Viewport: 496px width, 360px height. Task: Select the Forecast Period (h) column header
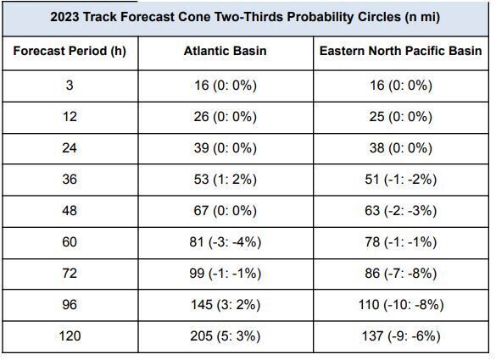[70, 51]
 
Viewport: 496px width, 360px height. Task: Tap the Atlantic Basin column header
[225, 51]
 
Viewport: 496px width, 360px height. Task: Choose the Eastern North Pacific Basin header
[400, 51]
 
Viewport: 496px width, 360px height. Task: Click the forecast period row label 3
[70, 86]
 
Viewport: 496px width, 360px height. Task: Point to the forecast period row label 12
[70, 117]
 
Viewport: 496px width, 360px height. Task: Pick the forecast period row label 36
[70, 179]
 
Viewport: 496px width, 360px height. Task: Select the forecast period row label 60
[70, 242]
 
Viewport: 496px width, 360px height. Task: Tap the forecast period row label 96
[70, 305]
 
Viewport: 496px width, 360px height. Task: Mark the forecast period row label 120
[70, 336]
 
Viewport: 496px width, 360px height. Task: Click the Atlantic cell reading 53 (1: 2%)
[225, 179]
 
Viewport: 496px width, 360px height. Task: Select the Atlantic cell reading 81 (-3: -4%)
[225, 242]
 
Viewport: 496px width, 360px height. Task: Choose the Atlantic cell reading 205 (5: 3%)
[225, 336]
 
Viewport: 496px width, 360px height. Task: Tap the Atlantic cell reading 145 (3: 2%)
[225, 305]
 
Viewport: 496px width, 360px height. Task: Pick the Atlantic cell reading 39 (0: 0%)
[225, 148]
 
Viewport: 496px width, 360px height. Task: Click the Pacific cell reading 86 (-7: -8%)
[400, 274]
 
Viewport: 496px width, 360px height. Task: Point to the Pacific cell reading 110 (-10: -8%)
[400, 305]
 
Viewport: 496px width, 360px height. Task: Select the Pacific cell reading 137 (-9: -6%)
[400, 336]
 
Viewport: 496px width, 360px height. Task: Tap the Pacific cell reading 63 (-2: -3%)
[400, 211]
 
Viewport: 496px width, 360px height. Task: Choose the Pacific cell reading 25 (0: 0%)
[400, 117]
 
